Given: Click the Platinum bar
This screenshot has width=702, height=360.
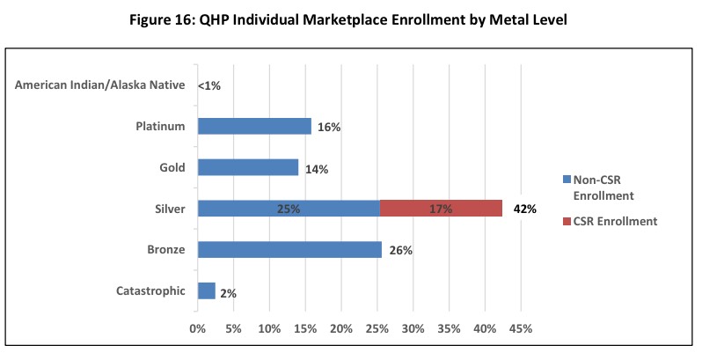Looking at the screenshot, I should [x=254, y=126].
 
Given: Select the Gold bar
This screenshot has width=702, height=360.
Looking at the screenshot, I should [x=248, y=167].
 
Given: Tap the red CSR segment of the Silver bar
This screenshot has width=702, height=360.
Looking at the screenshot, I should [x=441, y=209].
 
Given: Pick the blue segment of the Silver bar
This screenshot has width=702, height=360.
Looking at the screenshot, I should [x=289, y=209].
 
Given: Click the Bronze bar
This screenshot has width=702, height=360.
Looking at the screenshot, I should [x=289, y=249].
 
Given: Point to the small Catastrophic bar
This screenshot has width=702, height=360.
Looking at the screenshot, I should [x=207, y=290].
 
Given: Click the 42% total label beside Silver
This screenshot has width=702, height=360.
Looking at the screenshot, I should [x=525, y=209].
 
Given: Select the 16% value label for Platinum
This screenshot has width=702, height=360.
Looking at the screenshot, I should [x=329, y=127].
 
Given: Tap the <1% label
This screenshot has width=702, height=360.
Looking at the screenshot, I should [x=209, y=85].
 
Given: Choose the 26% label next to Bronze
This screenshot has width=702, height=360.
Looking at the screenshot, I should [x=401, y=250].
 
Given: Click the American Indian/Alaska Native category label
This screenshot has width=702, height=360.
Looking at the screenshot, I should [x=100, y=85].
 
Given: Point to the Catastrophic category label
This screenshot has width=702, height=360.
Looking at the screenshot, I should [x=150, y=290].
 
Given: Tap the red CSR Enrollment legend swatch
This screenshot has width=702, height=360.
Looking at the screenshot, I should [x=566, y=222].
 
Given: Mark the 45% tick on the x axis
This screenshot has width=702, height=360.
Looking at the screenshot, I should [x=520, y=329].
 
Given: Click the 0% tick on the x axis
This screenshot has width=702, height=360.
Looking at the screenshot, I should [x=197, y=329].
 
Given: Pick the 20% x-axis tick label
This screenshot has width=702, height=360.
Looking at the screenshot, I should [x=340, y=329].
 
